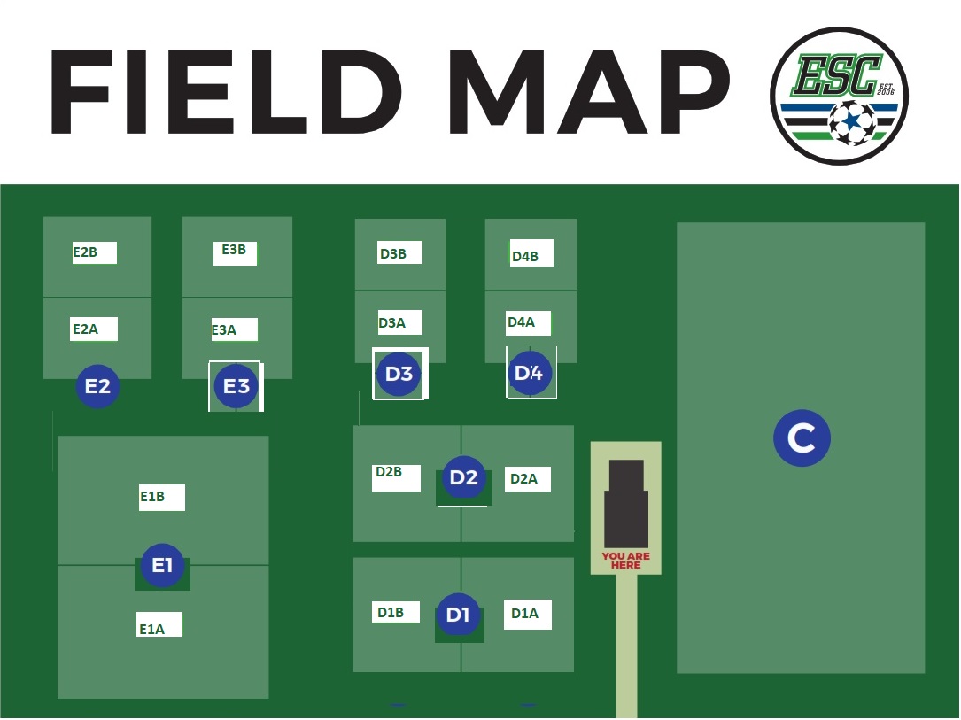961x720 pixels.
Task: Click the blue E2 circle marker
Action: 97,386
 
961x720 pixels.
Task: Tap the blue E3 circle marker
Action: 236,386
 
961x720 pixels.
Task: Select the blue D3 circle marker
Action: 399,373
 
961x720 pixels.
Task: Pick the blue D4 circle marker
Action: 530,373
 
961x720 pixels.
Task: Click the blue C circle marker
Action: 802,438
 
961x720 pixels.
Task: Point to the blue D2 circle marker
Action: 464,477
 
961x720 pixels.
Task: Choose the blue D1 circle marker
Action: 459,615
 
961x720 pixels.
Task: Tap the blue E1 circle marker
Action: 162,565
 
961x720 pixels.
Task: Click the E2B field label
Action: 85,252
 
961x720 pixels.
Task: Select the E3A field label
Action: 224,330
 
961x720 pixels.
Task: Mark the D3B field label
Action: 393,253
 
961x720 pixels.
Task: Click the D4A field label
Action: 521,321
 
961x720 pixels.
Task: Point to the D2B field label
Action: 389,472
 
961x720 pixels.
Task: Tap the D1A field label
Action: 524,614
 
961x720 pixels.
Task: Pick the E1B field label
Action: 152,496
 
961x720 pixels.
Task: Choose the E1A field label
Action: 151,630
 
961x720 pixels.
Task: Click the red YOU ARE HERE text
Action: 625,561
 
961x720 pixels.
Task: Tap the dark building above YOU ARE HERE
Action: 626,504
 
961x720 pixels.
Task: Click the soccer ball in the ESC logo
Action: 852,122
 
